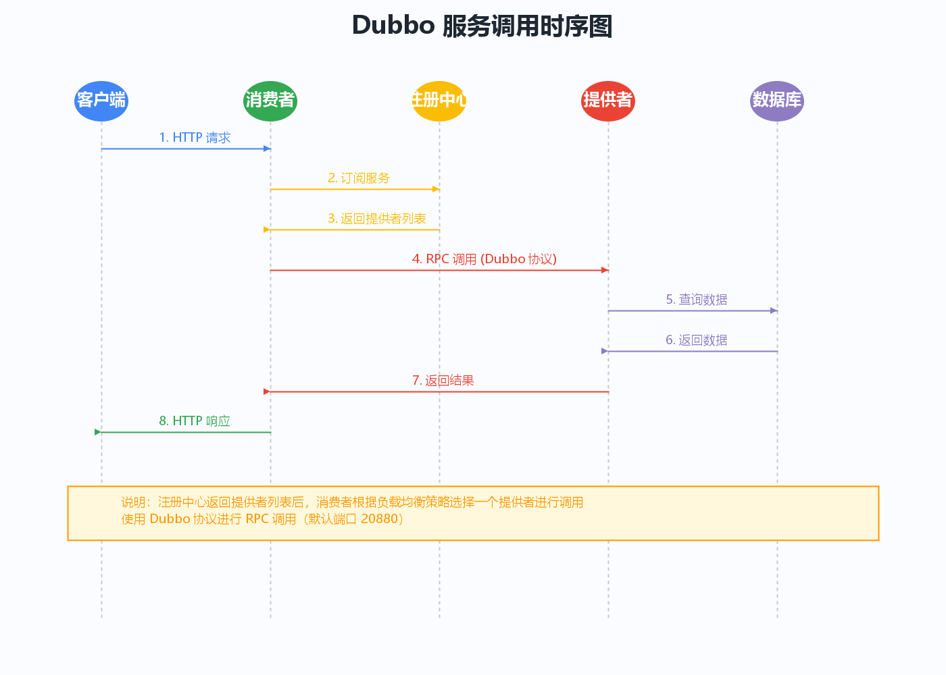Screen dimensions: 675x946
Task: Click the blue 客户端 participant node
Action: click(x=101, y=101)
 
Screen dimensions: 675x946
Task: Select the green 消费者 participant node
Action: click(x=270, y=101)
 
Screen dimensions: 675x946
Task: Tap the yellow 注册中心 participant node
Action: click(x=439, y=101)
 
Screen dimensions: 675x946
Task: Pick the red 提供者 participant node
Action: click(x=608, y=101)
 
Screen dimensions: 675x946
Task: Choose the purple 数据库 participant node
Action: click(x=777, y=101)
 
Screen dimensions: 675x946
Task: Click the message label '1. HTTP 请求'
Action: click(x=195, y=138)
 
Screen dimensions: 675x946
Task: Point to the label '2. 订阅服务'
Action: click(x=359, y=178)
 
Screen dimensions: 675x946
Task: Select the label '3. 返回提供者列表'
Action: click(x=377, y=219)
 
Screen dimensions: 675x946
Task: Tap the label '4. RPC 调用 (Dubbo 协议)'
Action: click(x=484, y=259)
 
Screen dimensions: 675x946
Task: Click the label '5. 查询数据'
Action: click(x=697, y=300)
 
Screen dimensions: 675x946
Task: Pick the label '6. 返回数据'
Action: click(x=697, y=340)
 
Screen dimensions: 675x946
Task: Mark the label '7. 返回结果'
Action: click(x=443, y=381)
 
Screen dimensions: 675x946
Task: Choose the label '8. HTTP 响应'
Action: click(x=195, y=421)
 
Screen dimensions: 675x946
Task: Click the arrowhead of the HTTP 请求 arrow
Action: click(x=268, y=148)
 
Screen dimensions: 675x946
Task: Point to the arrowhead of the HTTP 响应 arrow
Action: click(x=98, y=432)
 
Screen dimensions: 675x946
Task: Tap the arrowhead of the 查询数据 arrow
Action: click(x=774, y=310)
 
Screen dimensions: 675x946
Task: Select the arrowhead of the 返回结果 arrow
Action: click(x=266, y=391)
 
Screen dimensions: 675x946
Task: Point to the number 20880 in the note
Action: click(x=379, y=519)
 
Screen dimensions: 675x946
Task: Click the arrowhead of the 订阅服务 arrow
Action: click(x=437, y=189)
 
